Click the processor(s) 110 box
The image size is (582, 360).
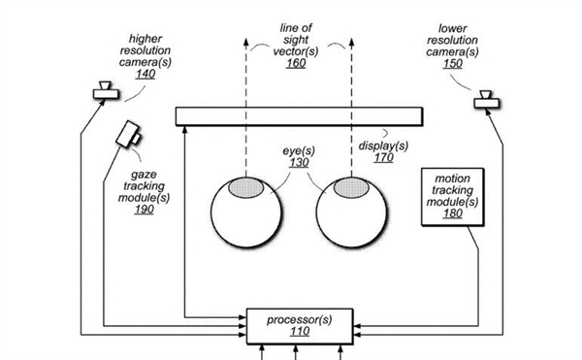coord(300,326)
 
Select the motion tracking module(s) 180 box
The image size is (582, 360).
coord(453,197)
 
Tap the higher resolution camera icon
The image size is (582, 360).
coord(106,90)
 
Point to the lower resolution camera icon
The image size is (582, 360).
coord(487,100)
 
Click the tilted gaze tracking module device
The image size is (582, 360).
coord(128,134)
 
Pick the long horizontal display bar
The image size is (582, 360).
coord(299,116)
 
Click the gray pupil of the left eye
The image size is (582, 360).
coord(245,187)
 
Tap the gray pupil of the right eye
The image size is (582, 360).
coord(351,187)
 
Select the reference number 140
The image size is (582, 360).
coord(145,74)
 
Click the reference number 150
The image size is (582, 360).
coord(453,63)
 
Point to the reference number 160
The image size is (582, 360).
coord(296,63)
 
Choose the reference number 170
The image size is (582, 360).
coord(384,158)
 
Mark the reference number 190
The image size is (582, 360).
coord(145,210)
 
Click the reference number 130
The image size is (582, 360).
coord(299,163)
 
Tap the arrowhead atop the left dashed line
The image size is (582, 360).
coord(245,42)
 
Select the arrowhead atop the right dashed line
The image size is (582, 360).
coord(351,42)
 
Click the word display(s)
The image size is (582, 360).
coord(383,146)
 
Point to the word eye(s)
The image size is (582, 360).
coord(299,151)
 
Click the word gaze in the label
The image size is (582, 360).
coord(144,175)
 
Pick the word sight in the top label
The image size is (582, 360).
coord(296,40)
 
